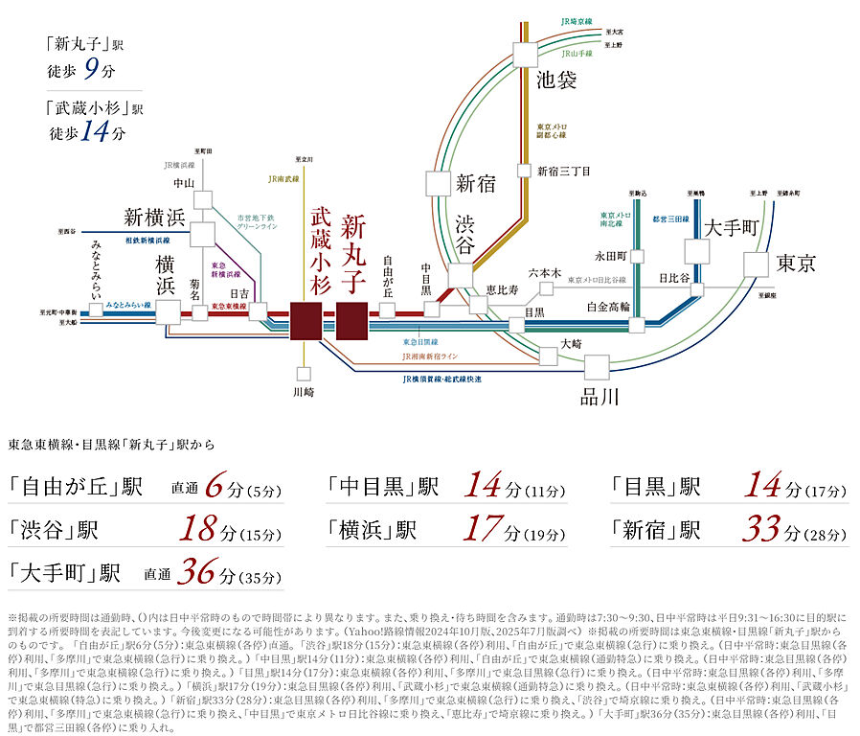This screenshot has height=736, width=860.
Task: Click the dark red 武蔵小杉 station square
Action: tap(306, 321)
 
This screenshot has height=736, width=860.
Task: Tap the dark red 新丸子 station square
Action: tap(352, 321)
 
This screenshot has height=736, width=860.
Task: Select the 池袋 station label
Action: tap(555, 80)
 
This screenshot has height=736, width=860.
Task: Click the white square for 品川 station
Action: tap(596, 368)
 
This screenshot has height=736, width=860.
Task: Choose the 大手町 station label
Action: tap(732, 228)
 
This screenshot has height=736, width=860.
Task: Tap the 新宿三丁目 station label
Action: tap(563, 172)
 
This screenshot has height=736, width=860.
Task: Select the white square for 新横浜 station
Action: tap(203, 234)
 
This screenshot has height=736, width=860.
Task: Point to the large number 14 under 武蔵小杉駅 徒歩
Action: tap(94, 132)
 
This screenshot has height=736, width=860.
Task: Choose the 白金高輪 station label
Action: tap(609, 307)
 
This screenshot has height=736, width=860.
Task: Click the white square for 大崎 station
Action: tap(548, 356)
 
